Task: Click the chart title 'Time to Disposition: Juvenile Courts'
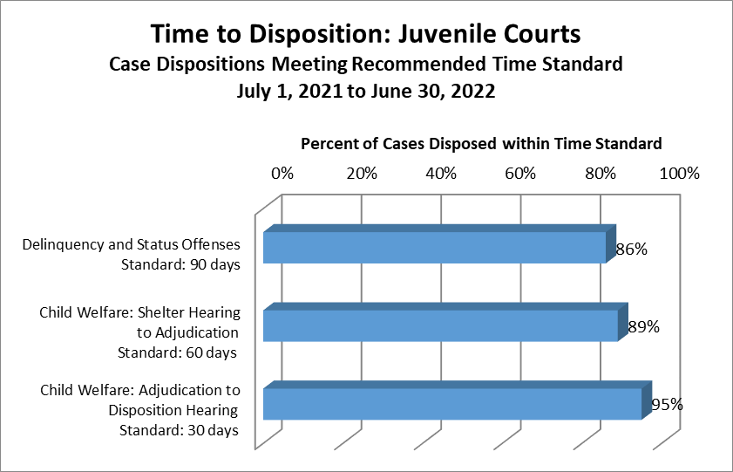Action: [x=365, y=35]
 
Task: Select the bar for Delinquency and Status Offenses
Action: [x=434, y=248]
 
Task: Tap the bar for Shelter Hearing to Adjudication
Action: [x=440, y=325]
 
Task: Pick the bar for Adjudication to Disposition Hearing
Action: [x=451, y=404]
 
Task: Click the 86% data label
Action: [x=631, y=250]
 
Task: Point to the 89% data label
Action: [x=643, y=327]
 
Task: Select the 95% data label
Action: [x=667, y=405]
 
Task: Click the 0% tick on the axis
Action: [x=282, y=173]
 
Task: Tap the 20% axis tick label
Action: [x=362, y=173]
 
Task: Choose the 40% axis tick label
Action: [x=441, y=173]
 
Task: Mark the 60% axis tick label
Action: [x=520, y=173]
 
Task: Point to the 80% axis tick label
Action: [x=601, y=173]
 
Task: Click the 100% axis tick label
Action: [x=680, y=173]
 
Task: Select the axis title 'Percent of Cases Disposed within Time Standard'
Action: [x=481, y=143]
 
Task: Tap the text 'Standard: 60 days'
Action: [x=177, y=352]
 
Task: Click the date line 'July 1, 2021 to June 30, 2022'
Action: [x=365, y=92]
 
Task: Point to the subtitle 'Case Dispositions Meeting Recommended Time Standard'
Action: [x=365, y=65]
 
